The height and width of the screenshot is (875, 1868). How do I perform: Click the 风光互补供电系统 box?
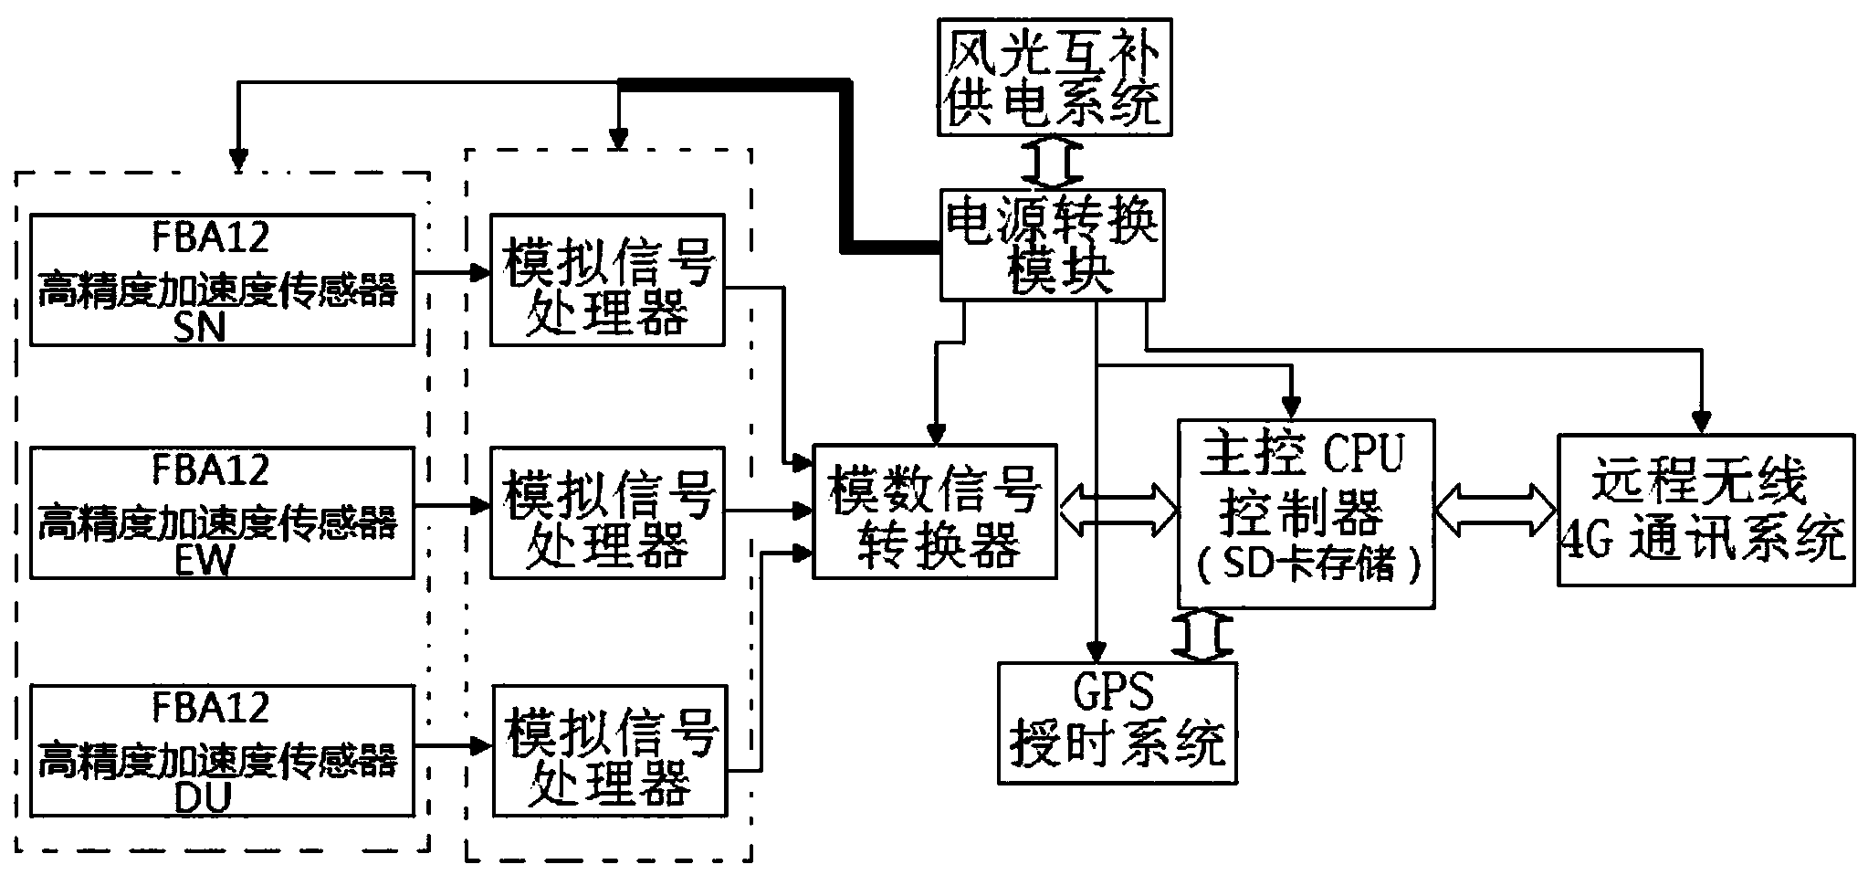[1055, 77]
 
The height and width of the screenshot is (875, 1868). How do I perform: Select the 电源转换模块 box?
[1052, 245]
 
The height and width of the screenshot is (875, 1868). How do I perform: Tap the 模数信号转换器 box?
[935, 511]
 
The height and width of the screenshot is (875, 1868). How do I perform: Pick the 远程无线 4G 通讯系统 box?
[1705, 510]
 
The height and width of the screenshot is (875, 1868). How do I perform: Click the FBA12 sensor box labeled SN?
[222, 279]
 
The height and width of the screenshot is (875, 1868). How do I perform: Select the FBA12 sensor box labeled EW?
[222, 511]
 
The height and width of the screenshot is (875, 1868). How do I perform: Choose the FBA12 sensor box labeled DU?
[222, 751]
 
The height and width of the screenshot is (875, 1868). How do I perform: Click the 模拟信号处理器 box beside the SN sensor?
[608, 279]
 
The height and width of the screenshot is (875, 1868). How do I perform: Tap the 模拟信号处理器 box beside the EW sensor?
[608, 511]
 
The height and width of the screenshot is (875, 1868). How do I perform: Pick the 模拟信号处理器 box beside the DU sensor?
[610, 751]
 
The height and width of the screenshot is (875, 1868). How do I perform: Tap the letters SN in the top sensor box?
[199, 326]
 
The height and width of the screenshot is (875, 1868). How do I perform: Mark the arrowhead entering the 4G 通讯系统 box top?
[1700, 422]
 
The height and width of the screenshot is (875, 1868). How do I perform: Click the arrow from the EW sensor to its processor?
[453, 504]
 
